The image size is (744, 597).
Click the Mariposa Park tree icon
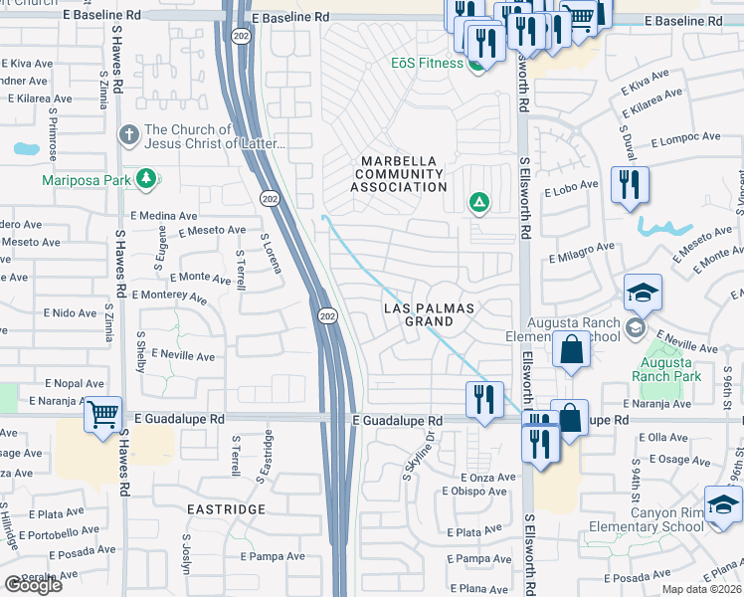click(x=147, y=179)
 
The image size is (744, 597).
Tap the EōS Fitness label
click(x=426, y=64)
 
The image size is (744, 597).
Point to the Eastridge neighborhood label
click(x=226, y=508)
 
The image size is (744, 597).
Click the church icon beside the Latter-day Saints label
click(x=127, y=134)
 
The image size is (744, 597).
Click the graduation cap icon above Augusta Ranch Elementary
click(x=643, y=293)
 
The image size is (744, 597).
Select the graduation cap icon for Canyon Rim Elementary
click(x=722, y=503)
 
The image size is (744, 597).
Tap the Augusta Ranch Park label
click(x=665, y=369)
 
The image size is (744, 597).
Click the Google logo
click(x=33, y=585)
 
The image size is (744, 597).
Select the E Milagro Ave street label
click(x=582, y=254)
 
